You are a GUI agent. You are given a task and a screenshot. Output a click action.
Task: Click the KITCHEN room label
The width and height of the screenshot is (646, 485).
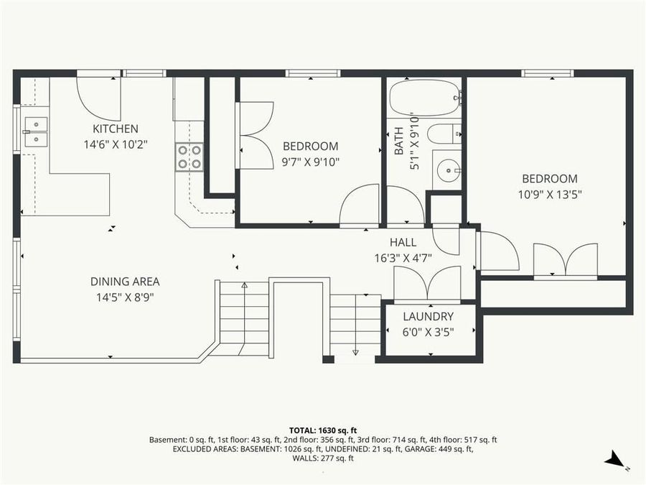(115, 129)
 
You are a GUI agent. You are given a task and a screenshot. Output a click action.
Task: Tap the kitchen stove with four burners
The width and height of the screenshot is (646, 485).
(189, 157)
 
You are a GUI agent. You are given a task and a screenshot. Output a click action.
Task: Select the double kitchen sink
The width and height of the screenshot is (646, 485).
(35, 132)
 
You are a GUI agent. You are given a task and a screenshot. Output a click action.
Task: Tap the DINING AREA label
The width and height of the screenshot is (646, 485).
(125, 282)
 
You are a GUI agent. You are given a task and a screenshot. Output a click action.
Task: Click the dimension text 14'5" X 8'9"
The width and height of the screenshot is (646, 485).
(125, 296)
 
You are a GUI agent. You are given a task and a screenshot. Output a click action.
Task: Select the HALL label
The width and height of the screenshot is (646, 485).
(403, 243)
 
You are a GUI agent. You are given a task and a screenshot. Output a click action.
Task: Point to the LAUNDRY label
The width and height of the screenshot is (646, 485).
(428, 316)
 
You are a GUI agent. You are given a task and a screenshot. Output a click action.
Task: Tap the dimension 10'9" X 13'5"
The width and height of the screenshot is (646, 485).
(549, 193)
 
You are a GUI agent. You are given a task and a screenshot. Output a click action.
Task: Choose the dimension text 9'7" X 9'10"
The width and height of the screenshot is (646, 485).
(310, 162)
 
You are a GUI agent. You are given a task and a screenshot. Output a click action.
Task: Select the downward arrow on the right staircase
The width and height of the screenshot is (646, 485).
(355, 350)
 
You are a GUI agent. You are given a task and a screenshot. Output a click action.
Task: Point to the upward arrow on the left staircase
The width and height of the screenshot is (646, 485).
(244, 286)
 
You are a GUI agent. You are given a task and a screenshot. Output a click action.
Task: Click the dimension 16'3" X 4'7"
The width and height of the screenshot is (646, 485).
(403, 257)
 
